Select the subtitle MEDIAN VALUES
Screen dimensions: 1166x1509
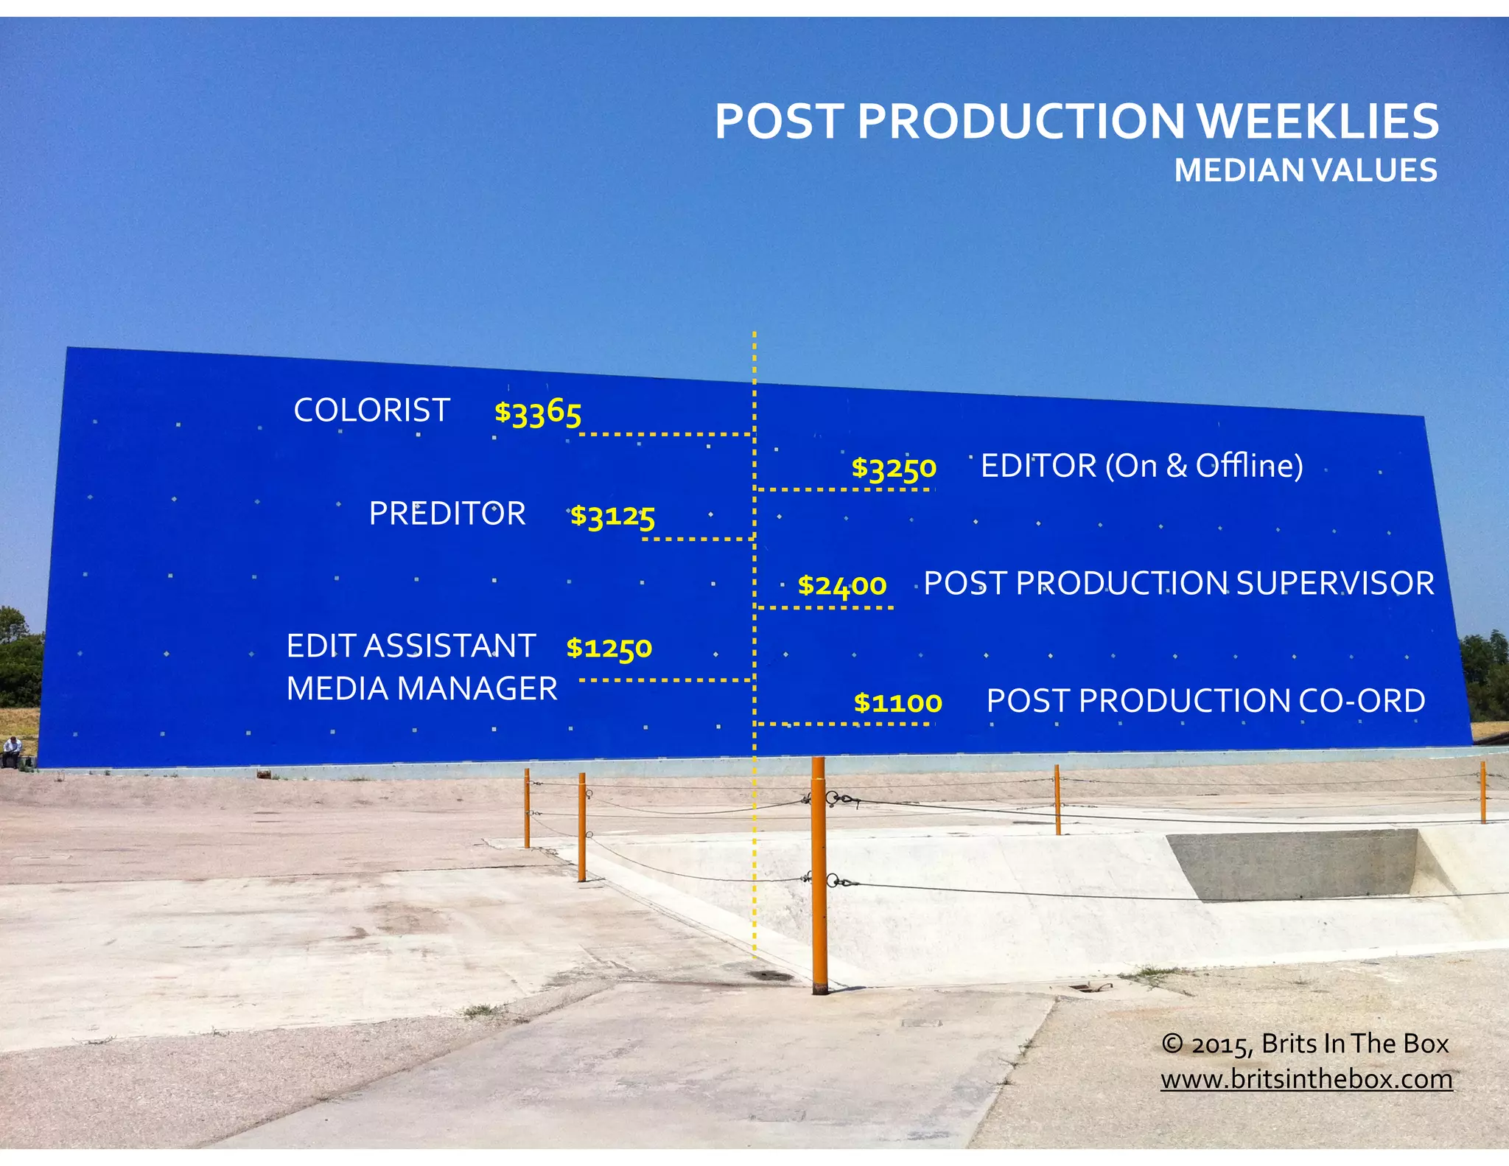pos(1305,171)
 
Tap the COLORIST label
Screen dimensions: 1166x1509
pos(371,411)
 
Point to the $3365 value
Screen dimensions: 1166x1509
pos(538,412)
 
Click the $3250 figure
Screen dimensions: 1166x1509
pos(894,468)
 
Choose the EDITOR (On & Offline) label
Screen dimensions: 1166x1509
pos(1141,466)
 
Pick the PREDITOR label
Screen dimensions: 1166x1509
pos(447,514)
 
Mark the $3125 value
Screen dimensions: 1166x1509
pos(612,516)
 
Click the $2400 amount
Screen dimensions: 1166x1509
pos(842,585)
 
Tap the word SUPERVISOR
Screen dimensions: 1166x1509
pos(1334,584)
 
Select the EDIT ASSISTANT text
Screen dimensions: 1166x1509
pos(410,646)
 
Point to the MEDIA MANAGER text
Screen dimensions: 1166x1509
pos(421,689)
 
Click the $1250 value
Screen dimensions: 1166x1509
pos(609,648)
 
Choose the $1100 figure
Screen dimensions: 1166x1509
pos(897,702)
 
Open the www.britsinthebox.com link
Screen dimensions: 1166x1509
pos(1306,1079)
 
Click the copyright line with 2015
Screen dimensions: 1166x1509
pos(1305,1044)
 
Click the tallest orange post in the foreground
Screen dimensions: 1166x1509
pos(819,877)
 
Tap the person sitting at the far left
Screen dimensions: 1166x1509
pos(10,751)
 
